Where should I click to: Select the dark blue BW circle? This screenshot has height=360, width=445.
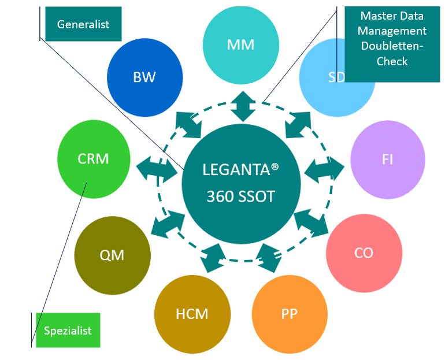point(144,77)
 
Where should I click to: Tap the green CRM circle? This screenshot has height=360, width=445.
point(94,158)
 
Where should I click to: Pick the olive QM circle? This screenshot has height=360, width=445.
point(112,255)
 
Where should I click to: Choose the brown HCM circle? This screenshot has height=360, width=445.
point(191,314)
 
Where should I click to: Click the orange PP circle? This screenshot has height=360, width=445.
point(289,314)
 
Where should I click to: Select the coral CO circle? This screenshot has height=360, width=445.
point(364,253)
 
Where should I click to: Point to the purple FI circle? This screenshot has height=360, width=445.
point(387,159)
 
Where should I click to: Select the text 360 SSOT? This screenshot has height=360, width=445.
point(240,197)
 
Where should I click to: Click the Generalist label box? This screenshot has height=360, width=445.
point(83,24)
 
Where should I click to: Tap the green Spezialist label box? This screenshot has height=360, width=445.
point(68,331)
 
